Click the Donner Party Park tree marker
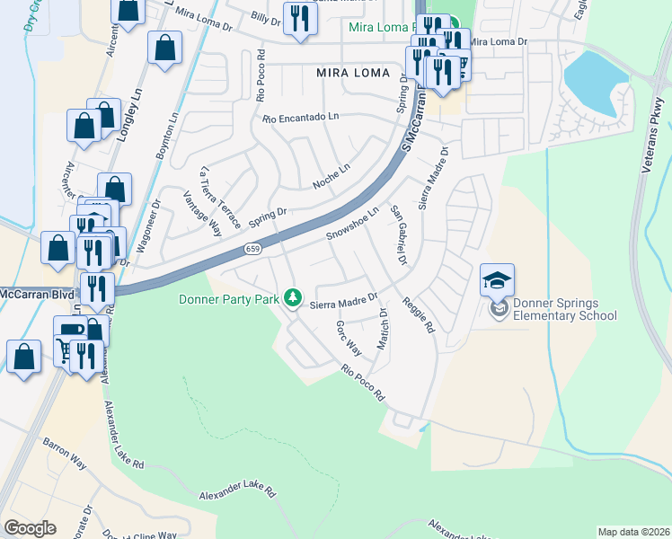[292, 297]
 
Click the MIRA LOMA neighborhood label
[353, 72]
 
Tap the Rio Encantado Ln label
[301, 118]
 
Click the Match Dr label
[384, 330]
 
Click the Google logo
[30, 528]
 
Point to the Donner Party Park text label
[229, 299]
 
